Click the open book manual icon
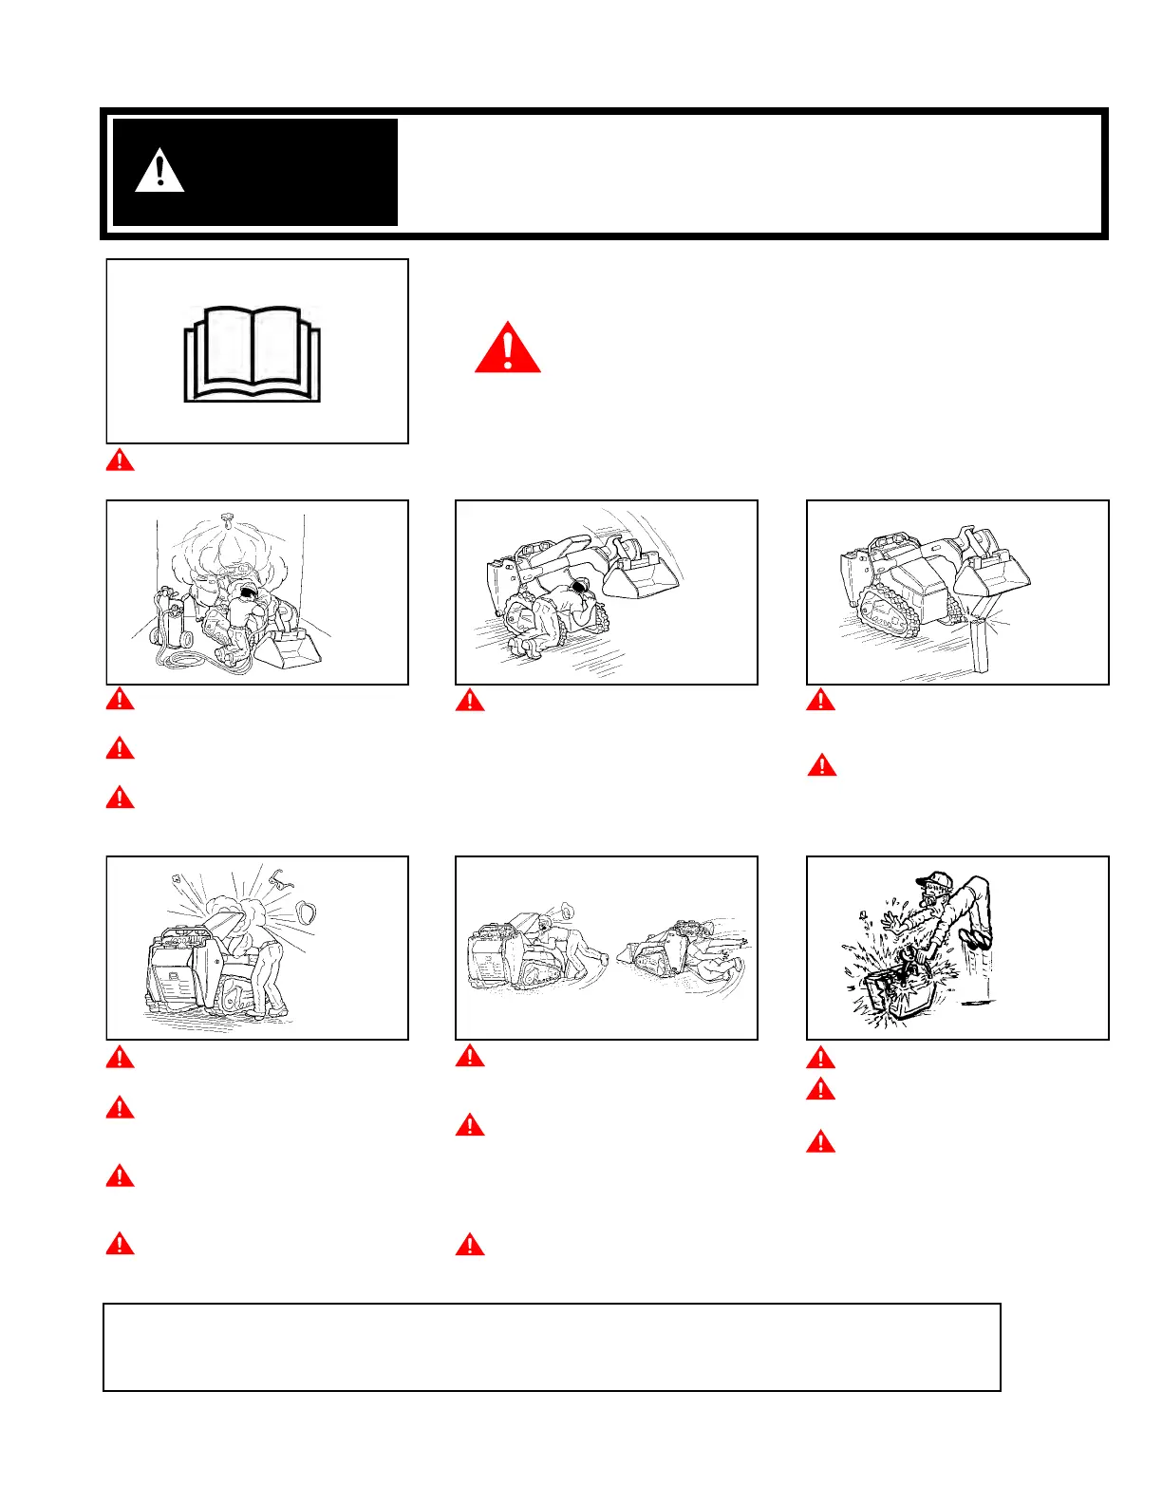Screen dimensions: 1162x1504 [253, 353]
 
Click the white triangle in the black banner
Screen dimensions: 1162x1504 [159, 172]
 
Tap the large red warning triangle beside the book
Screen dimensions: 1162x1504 [508, 348]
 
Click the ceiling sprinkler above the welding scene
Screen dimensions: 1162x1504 [226, 517]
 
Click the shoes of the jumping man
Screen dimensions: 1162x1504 [977, 939]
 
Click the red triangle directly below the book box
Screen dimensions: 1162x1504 [120, 461]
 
